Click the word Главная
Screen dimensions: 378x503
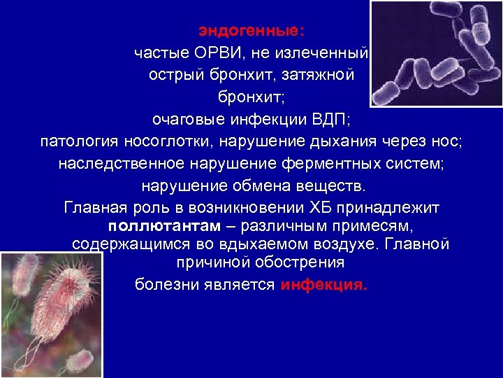(96, 209)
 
